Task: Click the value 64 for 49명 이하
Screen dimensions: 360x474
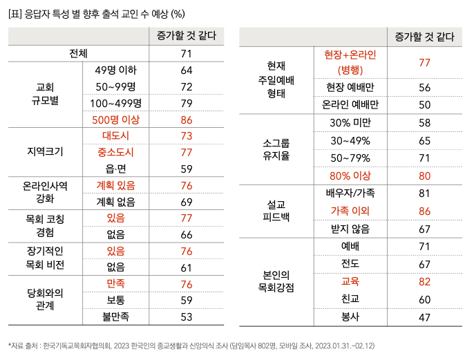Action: pos(186,70)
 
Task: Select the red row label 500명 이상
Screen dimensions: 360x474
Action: pos(115,120)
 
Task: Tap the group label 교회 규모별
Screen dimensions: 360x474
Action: pos(45,95)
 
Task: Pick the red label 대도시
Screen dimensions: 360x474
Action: pos(115,135)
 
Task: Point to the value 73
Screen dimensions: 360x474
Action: pos(186,135)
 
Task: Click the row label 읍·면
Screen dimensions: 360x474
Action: pos(115,169)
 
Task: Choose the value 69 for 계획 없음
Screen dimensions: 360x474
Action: pos(186,202)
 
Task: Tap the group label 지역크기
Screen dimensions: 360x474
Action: pos(45,152)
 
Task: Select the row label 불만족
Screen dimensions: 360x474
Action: pos(115,316)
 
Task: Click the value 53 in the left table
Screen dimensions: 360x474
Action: pos(186,316)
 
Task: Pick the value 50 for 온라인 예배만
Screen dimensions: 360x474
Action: pos(425,104)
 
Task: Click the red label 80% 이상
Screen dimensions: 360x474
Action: pos(350,175)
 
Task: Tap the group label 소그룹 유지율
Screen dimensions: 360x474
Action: pos(276,149)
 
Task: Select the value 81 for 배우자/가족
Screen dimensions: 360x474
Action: pos(425,193)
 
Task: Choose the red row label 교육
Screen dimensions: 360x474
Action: pos(350,281)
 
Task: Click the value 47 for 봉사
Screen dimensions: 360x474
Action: pos(425,316)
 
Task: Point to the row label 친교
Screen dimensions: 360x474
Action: pos(350,299)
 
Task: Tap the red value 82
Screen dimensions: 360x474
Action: pos(425,281)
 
